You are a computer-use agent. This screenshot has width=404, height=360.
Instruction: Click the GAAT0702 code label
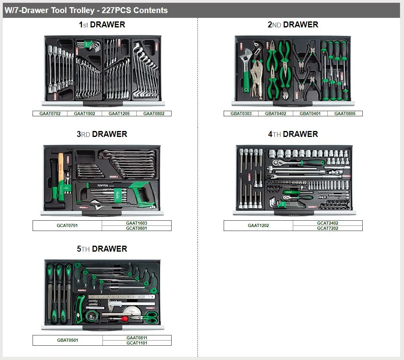(x=50, y=114)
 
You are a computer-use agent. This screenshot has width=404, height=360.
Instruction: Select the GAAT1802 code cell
(x=85, y=114)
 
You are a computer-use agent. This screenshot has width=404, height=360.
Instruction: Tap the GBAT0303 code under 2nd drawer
(x=241, y=114)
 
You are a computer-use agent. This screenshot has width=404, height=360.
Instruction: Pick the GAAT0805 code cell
(x=345, y=114)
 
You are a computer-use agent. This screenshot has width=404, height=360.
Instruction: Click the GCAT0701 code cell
(x=67, y=225)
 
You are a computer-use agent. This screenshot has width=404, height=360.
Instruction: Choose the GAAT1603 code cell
(x=137, y=223)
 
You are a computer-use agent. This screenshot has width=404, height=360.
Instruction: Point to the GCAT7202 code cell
(x=327, y=228)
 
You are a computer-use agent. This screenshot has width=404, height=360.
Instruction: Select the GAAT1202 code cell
(x=258, y=225)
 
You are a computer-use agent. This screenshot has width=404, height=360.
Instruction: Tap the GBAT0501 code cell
(x=68, y=340)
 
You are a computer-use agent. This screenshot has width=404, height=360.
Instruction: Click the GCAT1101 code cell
(x=137, y=343)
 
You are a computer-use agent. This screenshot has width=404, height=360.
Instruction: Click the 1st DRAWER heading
(x=102, y=25)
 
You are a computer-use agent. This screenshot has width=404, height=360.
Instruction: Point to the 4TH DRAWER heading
(x=293, y=134)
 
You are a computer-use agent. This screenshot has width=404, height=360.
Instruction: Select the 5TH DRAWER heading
(x=102, y=249)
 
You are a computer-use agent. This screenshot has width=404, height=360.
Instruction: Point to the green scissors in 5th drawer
(x=147, y=317)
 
